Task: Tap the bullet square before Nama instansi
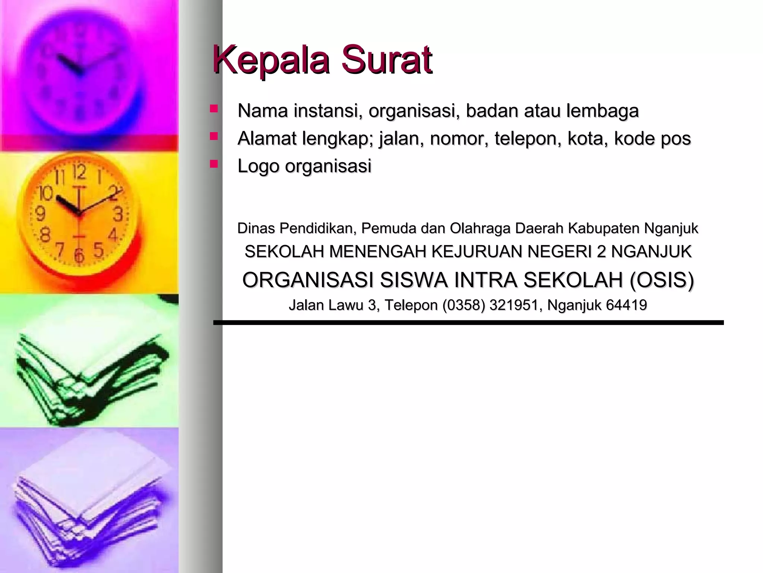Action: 213,109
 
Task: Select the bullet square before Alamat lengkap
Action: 213,137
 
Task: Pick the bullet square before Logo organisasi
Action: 213,164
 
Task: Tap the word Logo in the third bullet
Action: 258,166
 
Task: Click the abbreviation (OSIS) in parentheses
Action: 661,280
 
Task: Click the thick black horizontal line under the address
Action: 468,323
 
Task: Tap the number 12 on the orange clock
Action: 79,172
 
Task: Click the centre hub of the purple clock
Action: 79,72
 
